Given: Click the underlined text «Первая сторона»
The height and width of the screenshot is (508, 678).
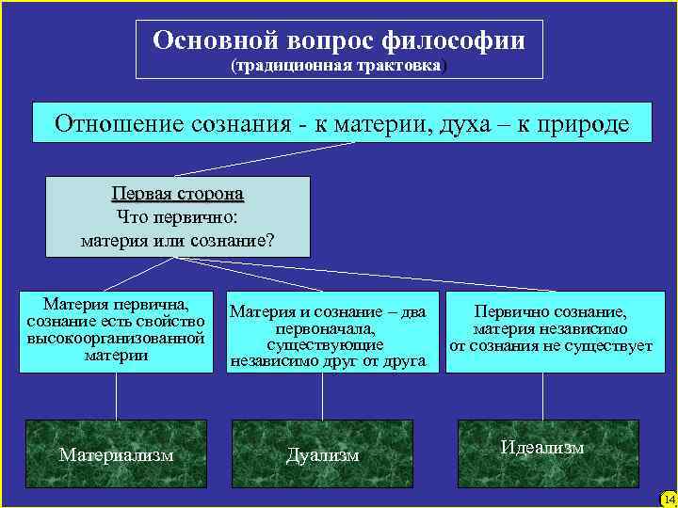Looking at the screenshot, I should [x=177, y=194].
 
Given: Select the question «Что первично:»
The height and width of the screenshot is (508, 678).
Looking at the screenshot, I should [x=177, y=216].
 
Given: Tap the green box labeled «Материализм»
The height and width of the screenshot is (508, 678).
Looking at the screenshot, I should [x=117, y=453].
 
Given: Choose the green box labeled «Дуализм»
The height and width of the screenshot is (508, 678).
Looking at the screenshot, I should [x=323, y=453].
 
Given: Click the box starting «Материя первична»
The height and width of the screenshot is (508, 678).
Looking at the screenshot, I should [x=117, y=330].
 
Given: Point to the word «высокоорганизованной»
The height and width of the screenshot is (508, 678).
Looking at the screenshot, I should [x=117, y=338].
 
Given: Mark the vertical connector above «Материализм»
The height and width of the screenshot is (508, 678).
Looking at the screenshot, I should [x=117, y=395].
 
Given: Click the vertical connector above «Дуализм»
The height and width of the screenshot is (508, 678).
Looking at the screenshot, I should [x=323, y=395].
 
